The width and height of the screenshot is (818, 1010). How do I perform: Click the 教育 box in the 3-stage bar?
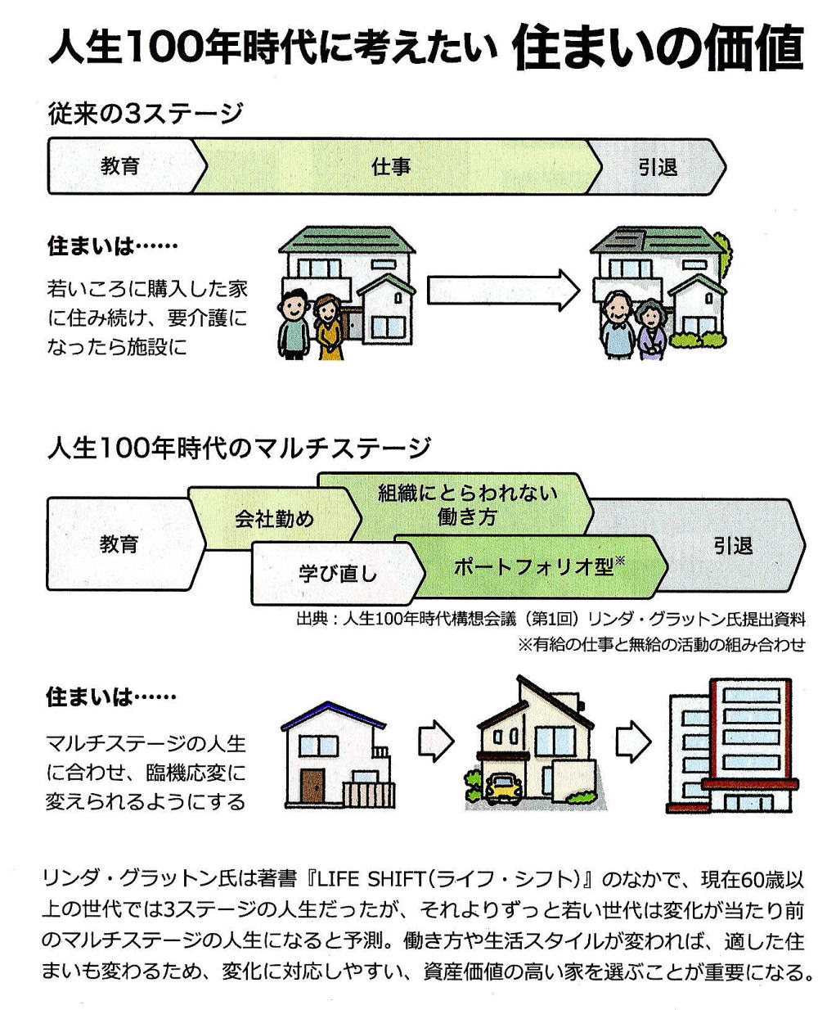pyautogui.click(x=120, y=166)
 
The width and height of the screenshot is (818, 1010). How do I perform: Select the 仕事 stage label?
pyautogui.click(x=391, y=167)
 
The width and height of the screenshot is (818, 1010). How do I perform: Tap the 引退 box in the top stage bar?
pyautogui.click(x=658, y=167)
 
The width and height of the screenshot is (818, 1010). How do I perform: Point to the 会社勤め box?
pyautogui.click(x=274, y=519)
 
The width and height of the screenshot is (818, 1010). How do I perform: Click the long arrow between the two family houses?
pyautogui.click(x=502, y=289)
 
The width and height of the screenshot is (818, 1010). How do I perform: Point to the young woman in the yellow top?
pyautogui.click(x=329, y=327)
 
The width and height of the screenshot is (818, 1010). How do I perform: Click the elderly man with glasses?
pyautogui.click(x=619, y=326)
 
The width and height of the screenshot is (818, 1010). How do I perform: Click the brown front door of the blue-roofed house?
pyautogui.click(x=312, y=787)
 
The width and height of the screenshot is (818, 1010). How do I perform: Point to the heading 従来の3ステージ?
pyautogui.click(x=145, y=112)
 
